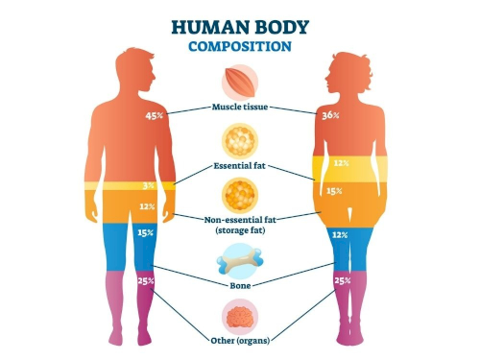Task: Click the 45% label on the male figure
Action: [155, 116]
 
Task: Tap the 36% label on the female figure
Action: [330, 115]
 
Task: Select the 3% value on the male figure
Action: [149, 185]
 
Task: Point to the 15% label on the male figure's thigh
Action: [146, 232]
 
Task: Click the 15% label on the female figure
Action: [334, 191]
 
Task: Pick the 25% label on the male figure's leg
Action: [146, 280]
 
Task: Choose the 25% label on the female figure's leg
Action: [343, 280]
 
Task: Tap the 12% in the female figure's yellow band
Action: [342, 163]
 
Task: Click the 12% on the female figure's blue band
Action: [340, 235]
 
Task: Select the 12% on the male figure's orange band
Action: [147, 206]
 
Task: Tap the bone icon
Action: [240, 261]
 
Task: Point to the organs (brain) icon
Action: [240, 317]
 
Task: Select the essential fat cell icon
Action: [240, 141]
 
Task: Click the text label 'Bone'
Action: [240, 285]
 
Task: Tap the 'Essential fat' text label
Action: [240, 166]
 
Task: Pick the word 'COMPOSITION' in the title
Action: [240, 46]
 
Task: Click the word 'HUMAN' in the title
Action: [204, 27]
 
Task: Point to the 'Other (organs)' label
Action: [240, 341]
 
